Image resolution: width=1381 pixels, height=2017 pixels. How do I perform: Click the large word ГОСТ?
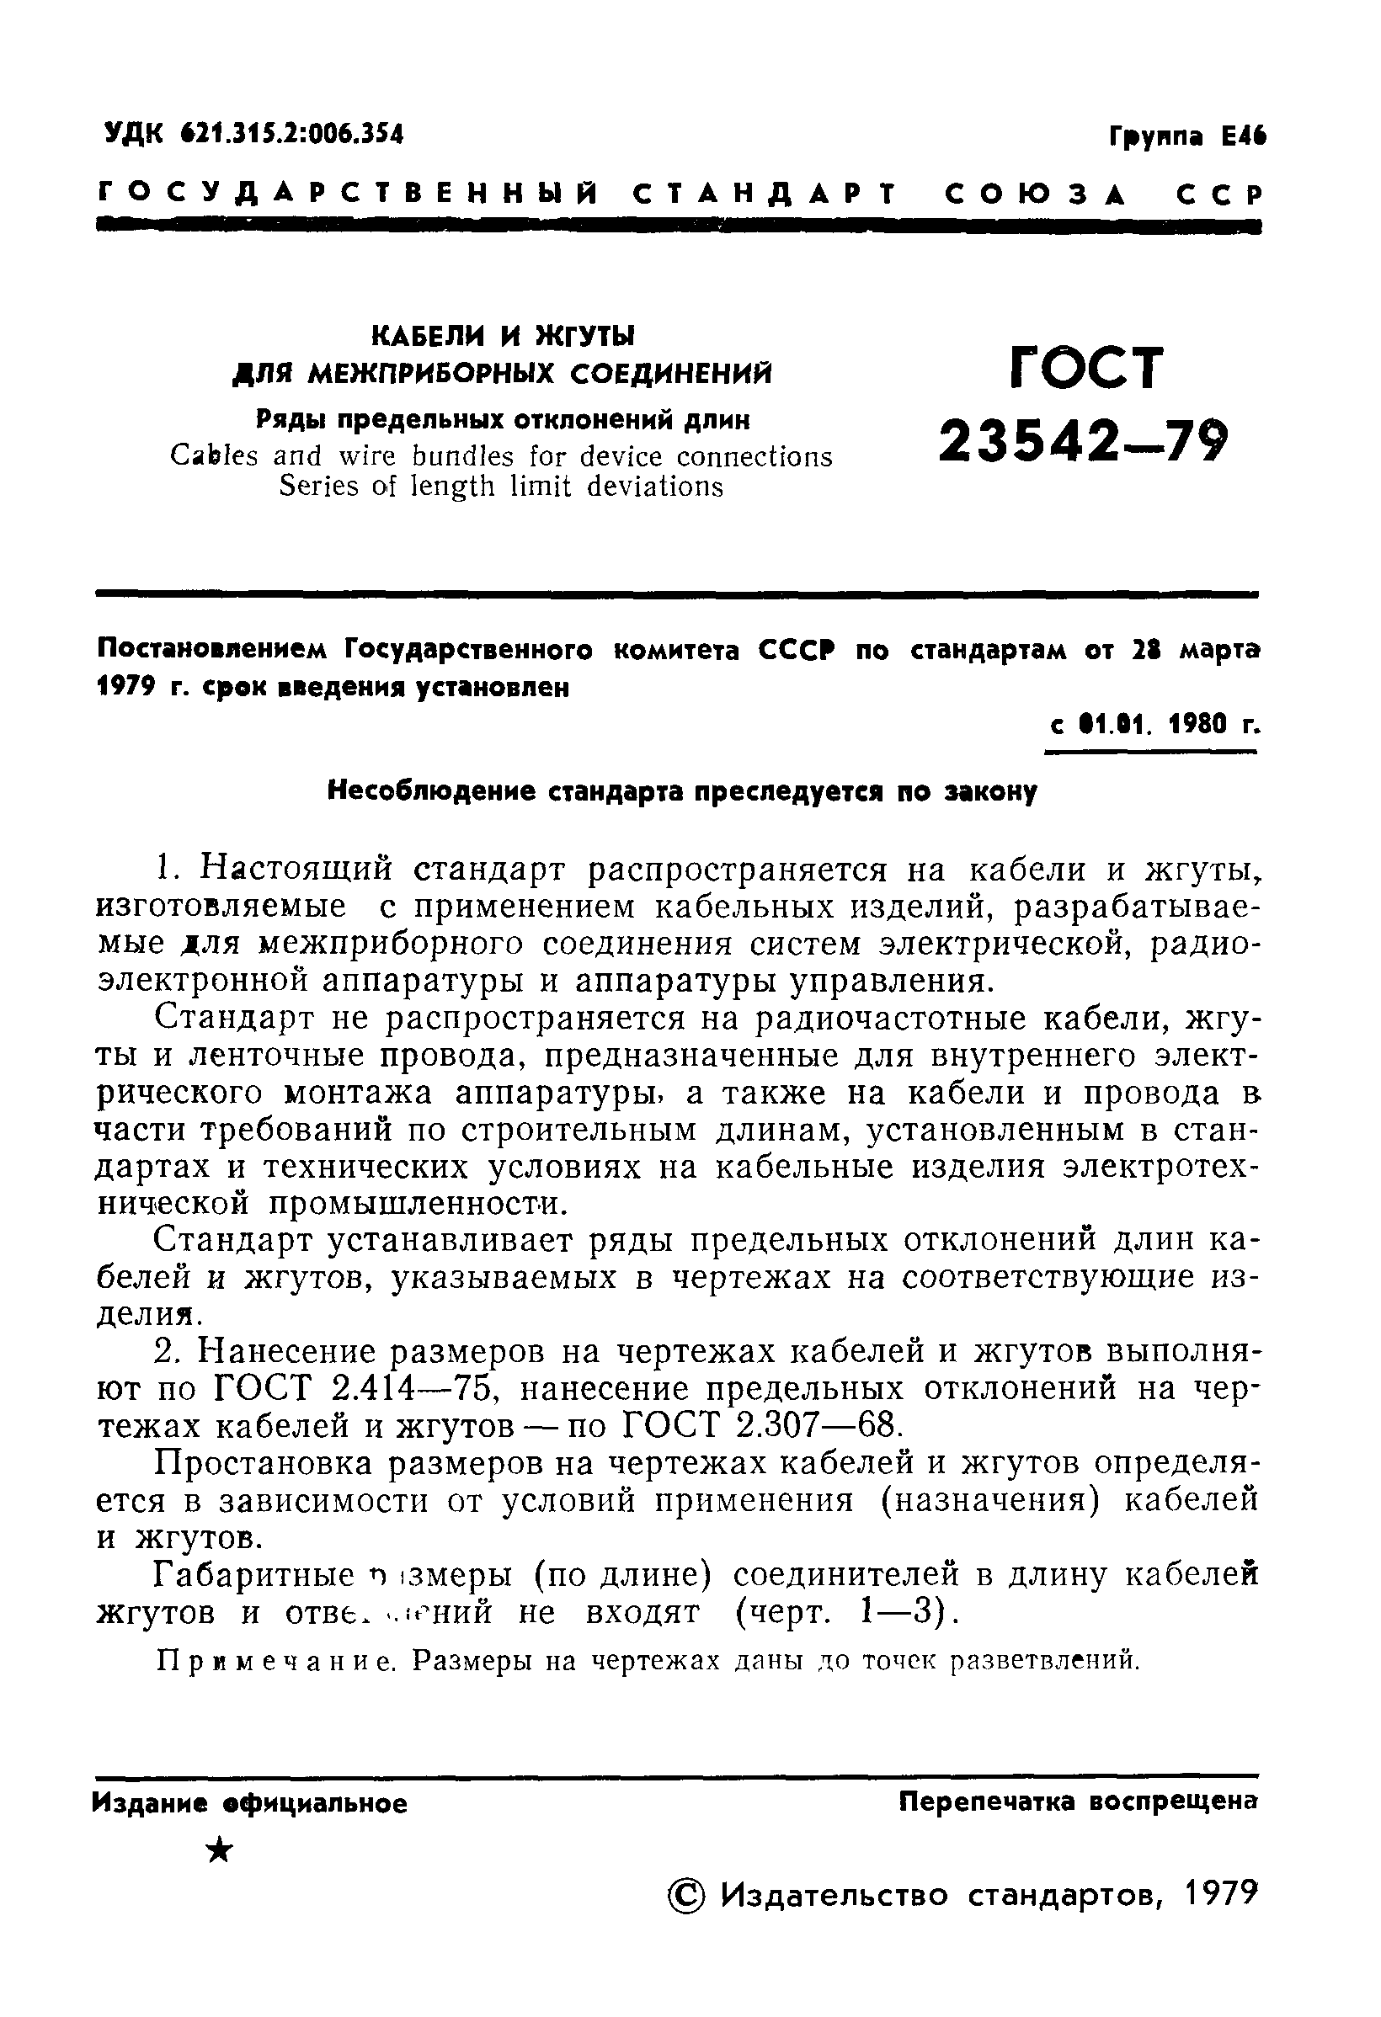pos(1086,368)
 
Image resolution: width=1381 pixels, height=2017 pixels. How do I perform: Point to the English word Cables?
pos(214,456)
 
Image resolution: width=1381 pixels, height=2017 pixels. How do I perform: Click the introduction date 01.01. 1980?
pos(1146,725)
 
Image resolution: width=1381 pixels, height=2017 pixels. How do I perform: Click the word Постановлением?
pos(214,650)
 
